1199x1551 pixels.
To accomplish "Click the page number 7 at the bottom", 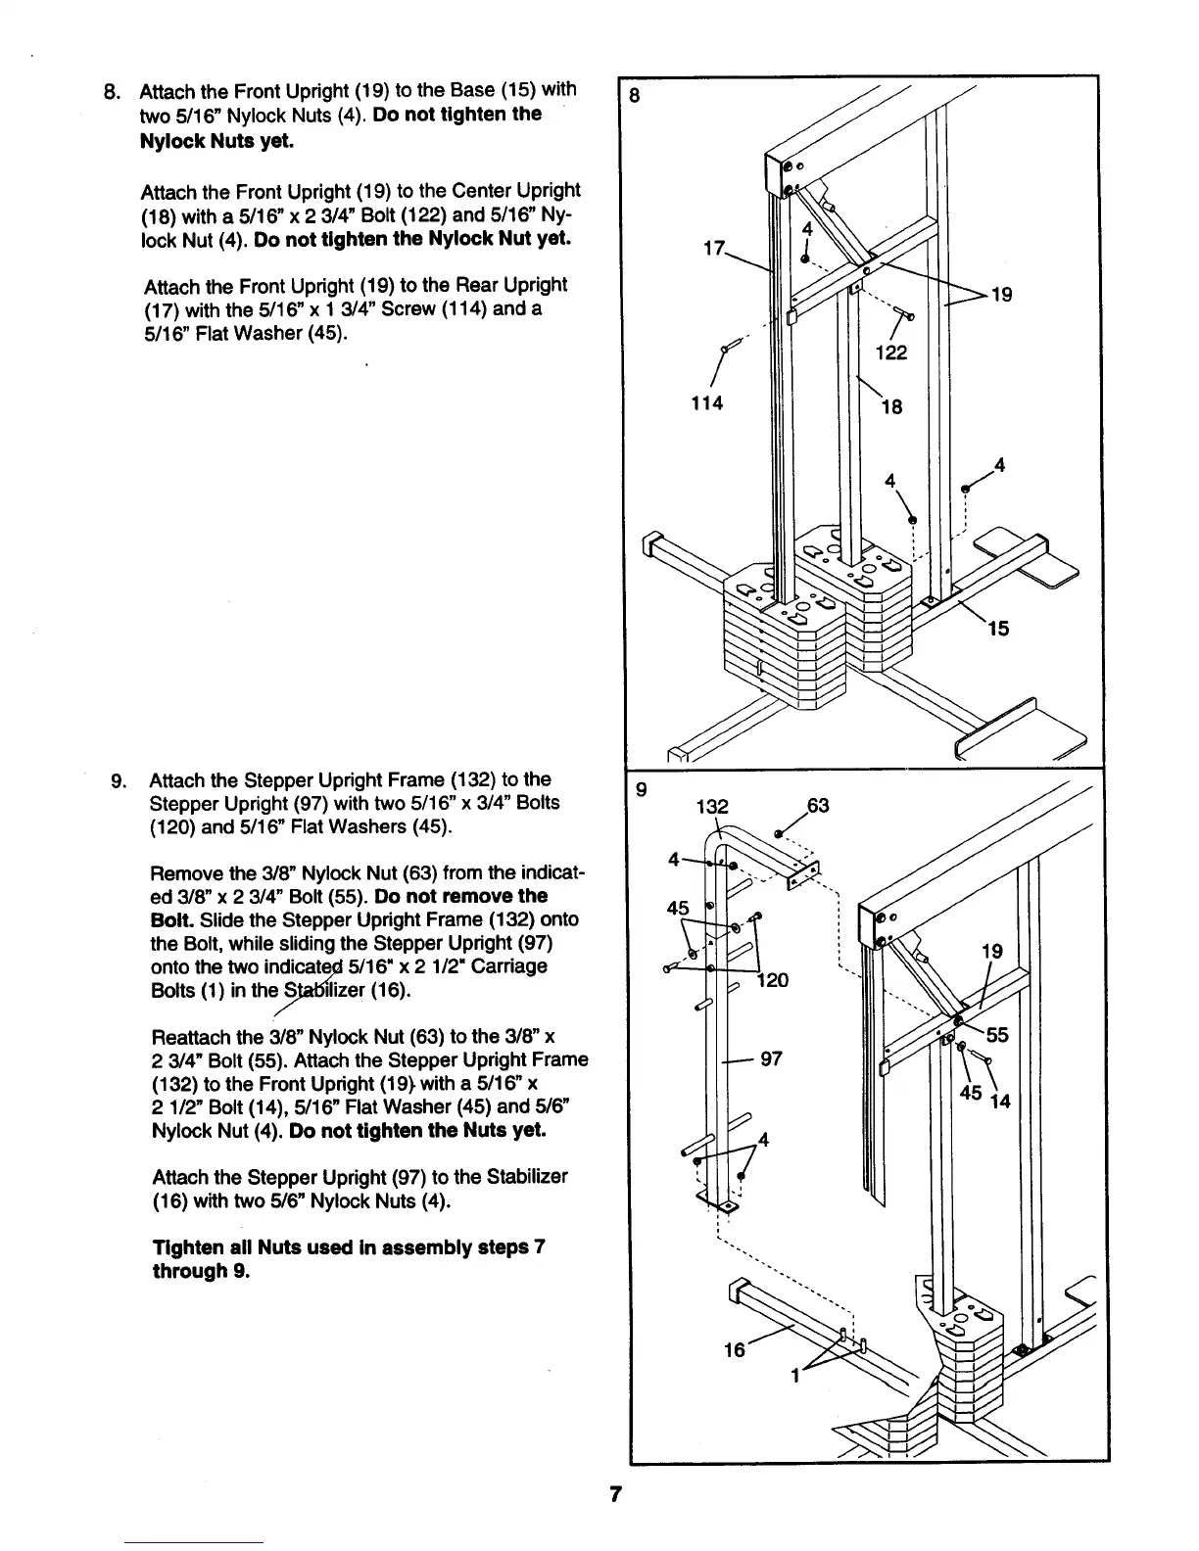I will click(x=615, y=1494).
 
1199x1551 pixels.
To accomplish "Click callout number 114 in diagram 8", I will click(x=705, y=402).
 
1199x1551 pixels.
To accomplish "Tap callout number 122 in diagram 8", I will click(x=890, y=352).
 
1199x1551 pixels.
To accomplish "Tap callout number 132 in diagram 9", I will click(x=712, y=807).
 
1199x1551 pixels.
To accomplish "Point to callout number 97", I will click(x=772, y=1058).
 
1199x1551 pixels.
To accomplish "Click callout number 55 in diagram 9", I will click(x=997, y=1034).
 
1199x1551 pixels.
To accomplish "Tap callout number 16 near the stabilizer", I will click(x=735, y=1349).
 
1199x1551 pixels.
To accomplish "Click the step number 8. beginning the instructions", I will click(x=112, y=92).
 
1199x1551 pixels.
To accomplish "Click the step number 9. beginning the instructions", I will click(x=120, y=780).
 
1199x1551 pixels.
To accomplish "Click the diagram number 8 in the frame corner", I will click(x=635, y=96).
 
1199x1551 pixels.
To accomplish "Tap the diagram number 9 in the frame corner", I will click(x=642, y=786).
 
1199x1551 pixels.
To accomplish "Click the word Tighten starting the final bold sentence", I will click(x=187, y=1248).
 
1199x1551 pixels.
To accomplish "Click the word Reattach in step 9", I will click(x=190, y=1037).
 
